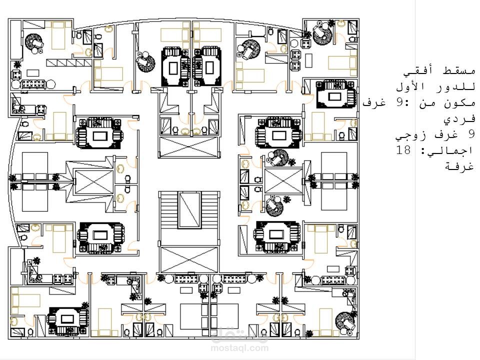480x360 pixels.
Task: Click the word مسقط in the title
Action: tap(460, 71)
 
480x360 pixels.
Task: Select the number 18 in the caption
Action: tap(403, 150)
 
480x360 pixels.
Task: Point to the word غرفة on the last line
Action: tap(459, 166)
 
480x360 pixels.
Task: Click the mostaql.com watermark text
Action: tap(239, 348)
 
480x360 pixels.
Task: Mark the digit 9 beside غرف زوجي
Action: tap(471, 134)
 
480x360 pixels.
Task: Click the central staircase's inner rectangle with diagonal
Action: tap(190, 210)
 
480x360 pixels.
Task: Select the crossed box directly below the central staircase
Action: tap(189, 259)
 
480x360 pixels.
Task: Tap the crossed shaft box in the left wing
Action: tap(94, 182)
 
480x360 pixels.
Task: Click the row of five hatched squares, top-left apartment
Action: tap(69, 63)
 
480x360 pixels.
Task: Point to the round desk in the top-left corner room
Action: tap(34, 43)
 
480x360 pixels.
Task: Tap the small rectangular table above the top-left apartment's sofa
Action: tap(33, 73)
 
